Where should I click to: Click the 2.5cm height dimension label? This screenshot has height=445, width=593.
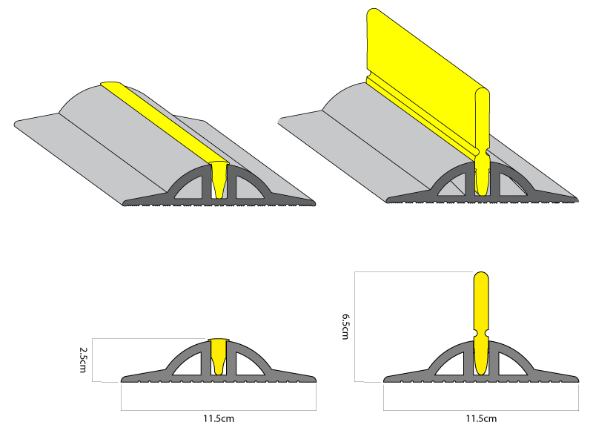(85, 359)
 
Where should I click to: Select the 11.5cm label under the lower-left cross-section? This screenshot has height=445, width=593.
(219, 419)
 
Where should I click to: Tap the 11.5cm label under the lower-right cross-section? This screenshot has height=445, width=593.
(481, 419)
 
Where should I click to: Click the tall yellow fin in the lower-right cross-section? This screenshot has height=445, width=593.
(481, 311)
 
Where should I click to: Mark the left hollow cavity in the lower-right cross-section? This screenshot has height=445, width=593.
(454, 363)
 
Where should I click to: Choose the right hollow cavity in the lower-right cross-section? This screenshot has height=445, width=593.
(509, 363)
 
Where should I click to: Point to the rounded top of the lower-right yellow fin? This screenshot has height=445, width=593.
(481, 278)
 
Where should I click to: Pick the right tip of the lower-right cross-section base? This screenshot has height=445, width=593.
(574, 378)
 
